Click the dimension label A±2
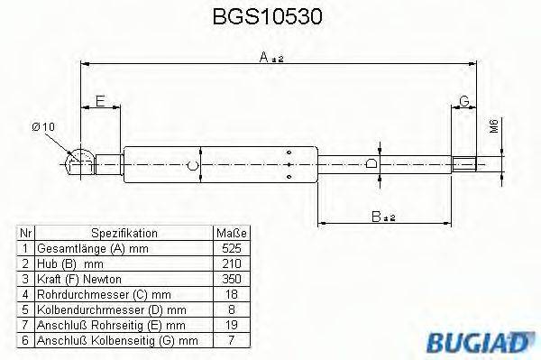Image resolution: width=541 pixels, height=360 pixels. coord(270,57)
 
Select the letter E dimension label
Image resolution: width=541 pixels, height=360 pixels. coord(100,100)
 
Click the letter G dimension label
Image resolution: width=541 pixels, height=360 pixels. coord(463,100)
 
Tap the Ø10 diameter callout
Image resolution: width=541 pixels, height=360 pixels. coord(43,127)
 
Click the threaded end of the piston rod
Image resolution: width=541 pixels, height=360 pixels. coord(464,164)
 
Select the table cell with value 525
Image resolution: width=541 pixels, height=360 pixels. coord(231,247)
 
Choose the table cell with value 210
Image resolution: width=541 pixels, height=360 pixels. coord(231,263)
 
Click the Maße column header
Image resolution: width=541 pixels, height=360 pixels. coord(231,232)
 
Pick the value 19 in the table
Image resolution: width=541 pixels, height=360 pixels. coord(231,324)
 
